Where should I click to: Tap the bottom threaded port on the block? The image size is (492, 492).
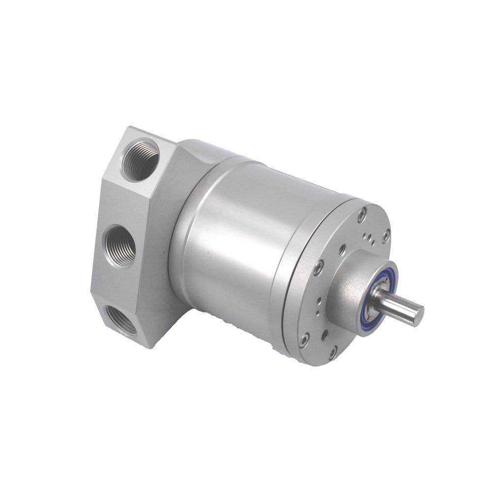pos(121,320)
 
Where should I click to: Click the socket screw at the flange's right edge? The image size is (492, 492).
pos(386,236)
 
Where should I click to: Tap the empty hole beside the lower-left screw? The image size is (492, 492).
pos(325,335)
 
